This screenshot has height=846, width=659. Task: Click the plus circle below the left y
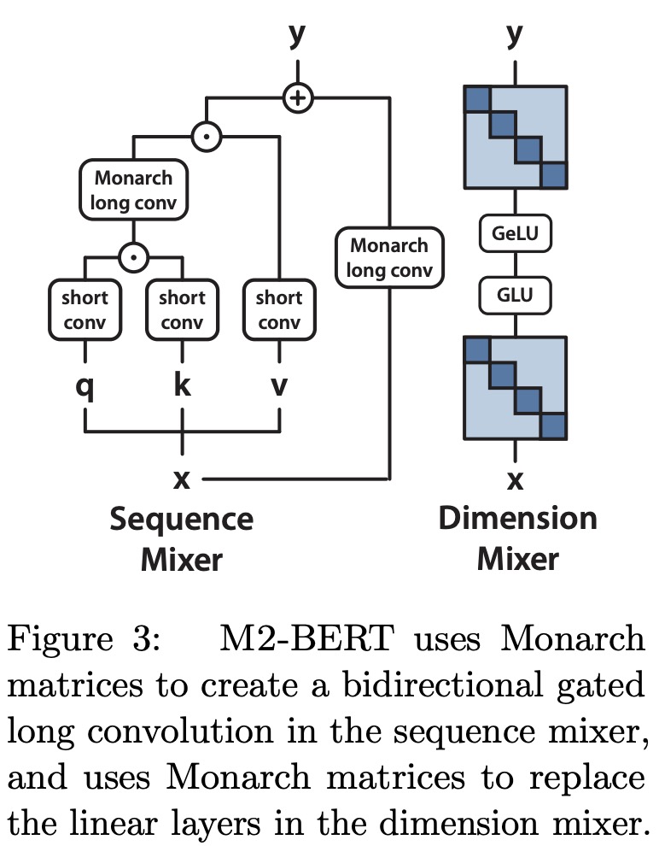coord(297,98)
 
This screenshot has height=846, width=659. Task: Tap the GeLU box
coord(515,232)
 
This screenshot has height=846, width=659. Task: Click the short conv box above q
coord(85,310)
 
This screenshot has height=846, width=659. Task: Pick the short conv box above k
coord(182,310)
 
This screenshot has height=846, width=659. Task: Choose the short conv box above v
coord(279,310)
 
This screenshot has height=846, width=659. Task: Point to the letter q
coord(85,385)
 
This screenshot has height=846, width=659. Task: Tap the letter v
coord(279,386)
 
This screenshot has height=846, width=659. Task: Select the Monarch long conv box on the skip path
coord(389,258)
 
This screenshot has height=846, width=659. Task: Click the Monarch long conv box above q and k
coord(133,191)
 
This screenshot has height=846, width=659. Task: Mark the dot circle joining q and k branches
coord(133,255)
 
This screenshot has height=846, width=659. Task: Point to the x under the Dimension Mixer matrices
coord(515,480)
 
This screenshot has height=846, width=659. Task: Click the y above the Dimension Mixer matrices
coord(515,36)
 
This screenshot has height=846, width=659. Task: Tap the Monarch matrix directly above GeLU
coord(515,137)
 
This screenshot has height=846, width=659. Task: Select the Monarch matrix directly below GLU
coord(515,387)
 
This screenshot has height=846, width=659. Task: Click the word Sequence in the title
coord(181,520)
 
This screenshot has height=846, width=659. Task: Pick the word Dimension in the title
coord(517,519)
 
